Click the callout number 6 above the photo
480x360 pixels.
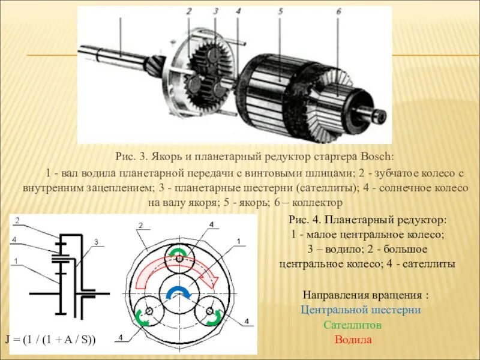tap(338, 11)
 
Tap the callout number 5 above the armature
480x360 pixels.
tap(280, 11)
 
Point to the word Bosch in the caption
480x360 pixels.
tap(377, 157)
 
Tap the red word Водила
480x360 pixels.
tap(353, 340)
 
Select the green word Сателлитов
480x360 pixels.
tap(353, 325)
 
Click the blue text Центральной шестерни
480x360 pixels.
tap(361, 310)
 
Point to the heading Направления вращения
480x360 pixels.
tap(365, 296)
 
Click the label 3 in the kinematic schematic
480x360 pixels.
tap(95, 242)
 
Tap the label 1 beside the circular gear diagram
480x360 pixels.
tap(238, 242)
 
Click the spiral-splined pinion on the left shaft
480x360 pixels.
tap(154, 65)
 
